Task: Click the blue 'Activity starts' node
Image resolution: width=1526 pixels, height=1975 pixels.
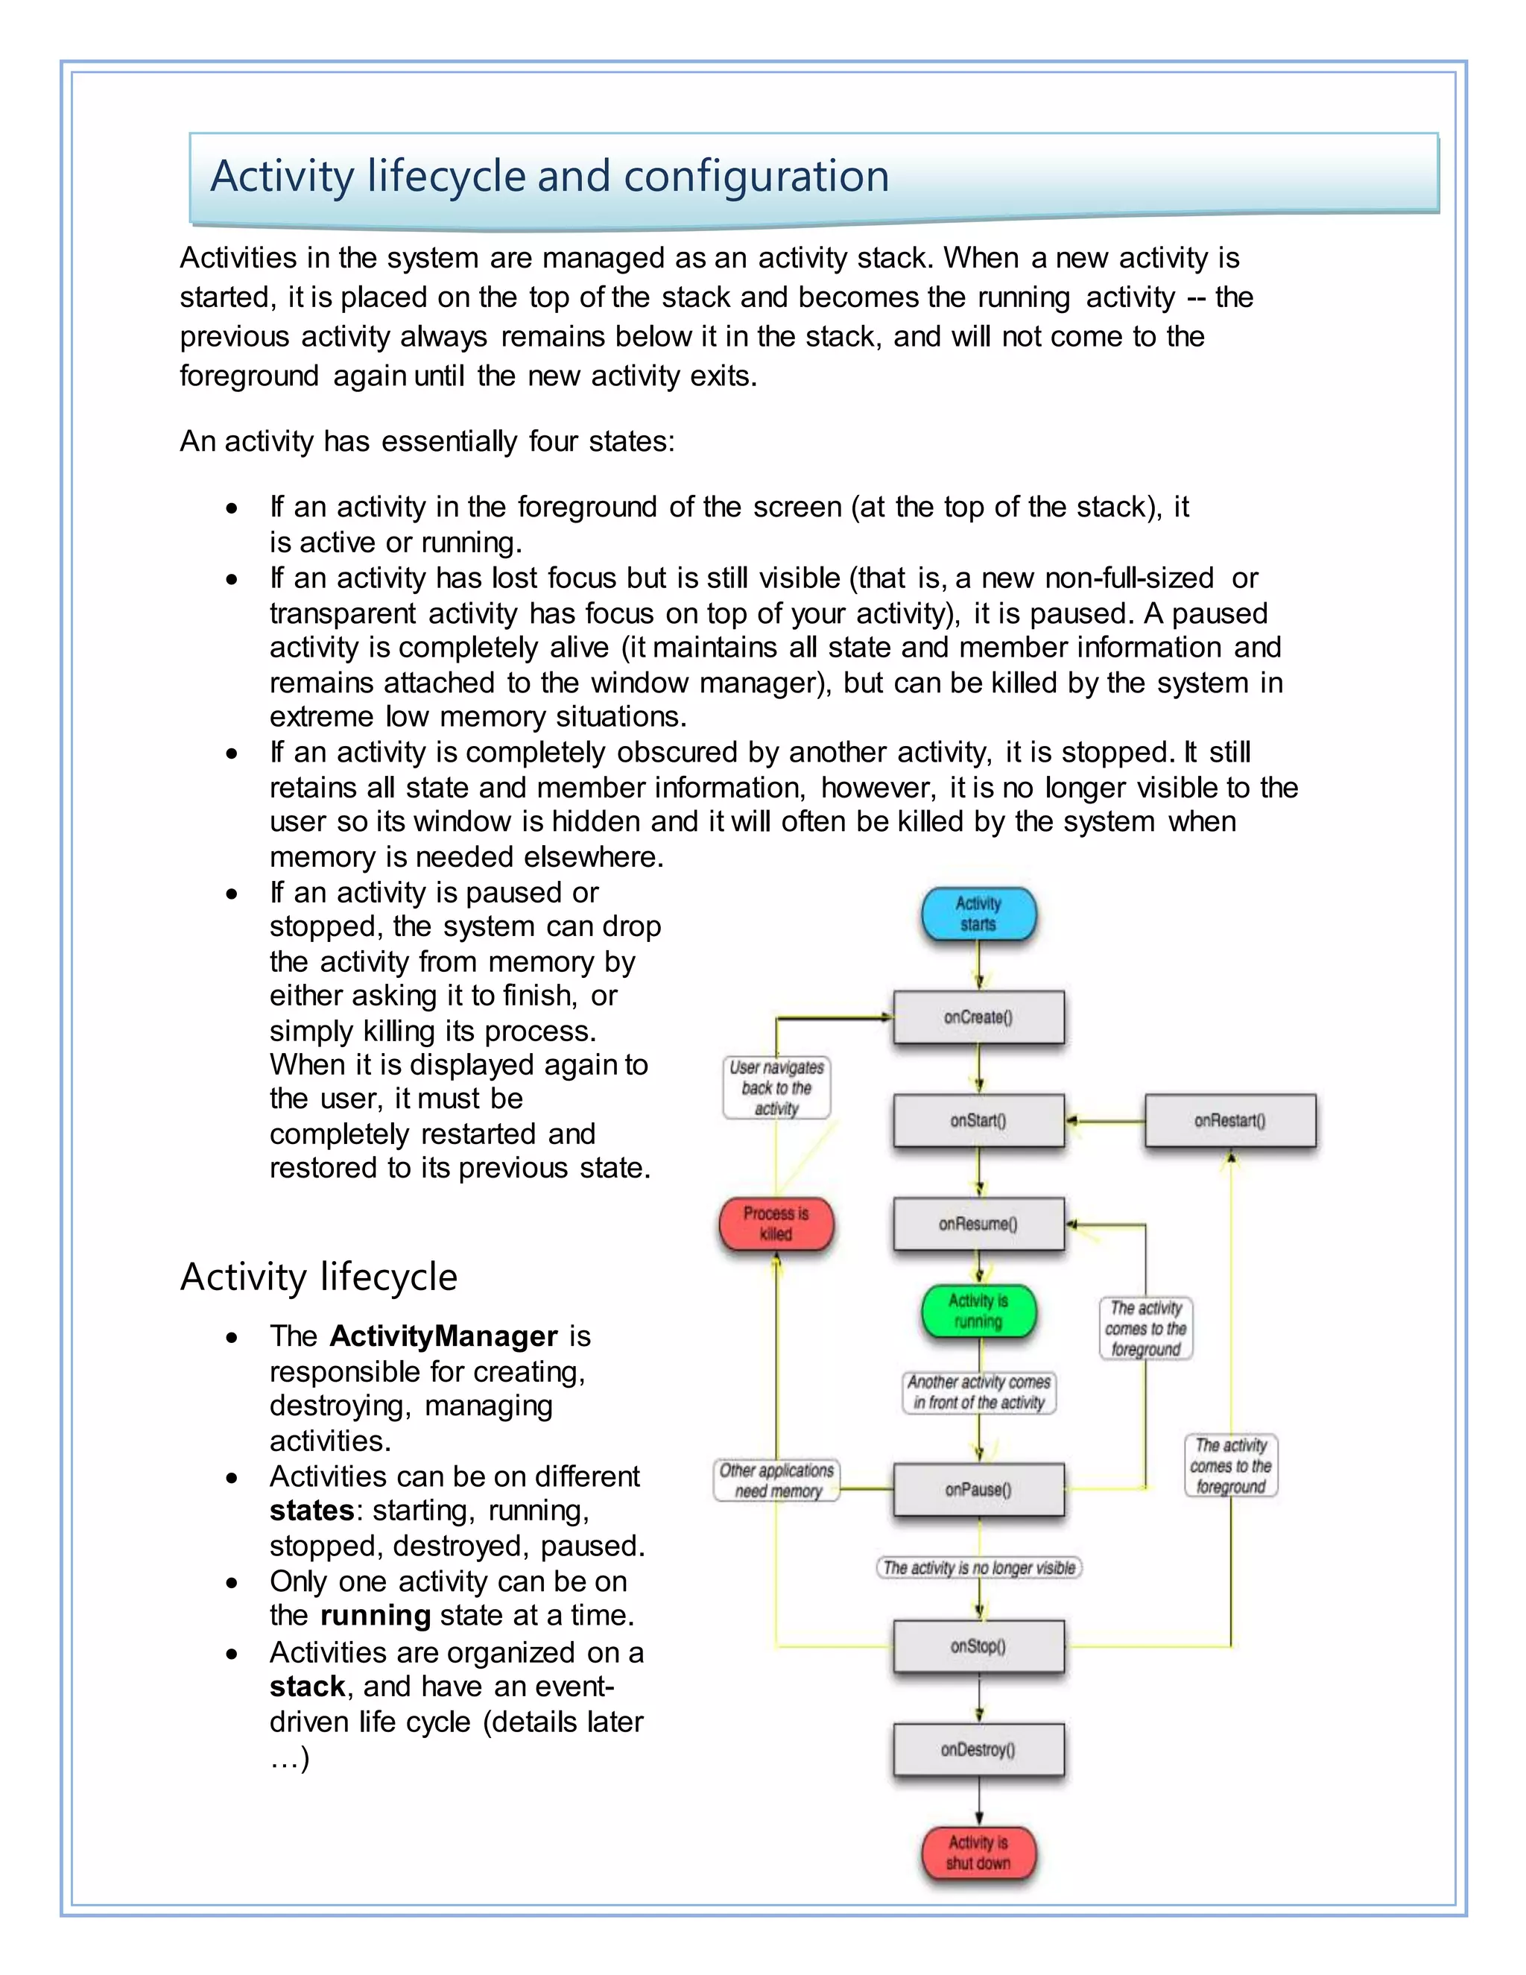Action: point(978,914)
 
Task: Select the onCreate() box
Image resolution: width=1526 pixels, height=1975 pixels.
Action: point(978,1017)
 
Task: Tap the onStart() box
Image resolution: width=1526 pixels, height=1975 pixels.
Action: point(978,1120)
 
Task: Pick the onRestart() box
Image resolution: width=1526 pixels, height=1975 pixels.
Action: point(1229,1120)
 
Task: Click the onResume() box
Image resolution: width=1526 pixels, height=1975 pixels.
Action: point(978,1224)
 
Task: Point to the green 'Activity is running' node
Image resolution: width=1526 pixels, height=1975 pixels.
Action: point(978,1311)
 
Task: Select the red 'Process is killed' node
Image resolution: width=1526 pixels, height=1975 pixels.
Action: point(776,1224)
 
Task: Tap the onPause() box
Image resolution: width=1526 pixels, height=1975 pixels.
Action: point(978,1489)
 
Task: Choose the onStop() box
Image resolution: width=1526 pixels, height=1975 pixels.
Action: point(978,1646)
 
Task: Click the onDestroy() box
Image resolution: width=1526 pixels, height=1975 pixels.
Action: point(978,1750)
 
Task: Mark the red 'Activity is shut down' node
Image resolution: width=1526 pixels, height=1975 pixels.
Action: point(978,1852)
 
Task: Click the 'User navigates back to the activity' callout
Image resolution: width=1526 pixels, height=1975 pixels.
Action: point(776,1088)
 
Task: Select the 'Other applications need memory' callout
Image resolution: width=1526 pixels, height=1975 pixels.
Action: point(776,1480)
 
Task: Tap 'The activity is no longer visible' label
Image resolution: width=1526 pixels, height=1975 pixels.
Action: point(979,1567)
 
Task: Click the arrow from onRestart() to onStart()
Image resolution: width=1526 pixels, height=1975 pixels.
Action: point(1105,1122)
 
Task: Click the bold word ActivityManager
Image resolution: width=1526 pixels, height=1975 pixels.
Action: point(443,1336)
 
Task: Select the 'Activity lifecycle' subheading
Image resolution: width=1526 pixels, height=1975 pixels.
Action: point(318,1277)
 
